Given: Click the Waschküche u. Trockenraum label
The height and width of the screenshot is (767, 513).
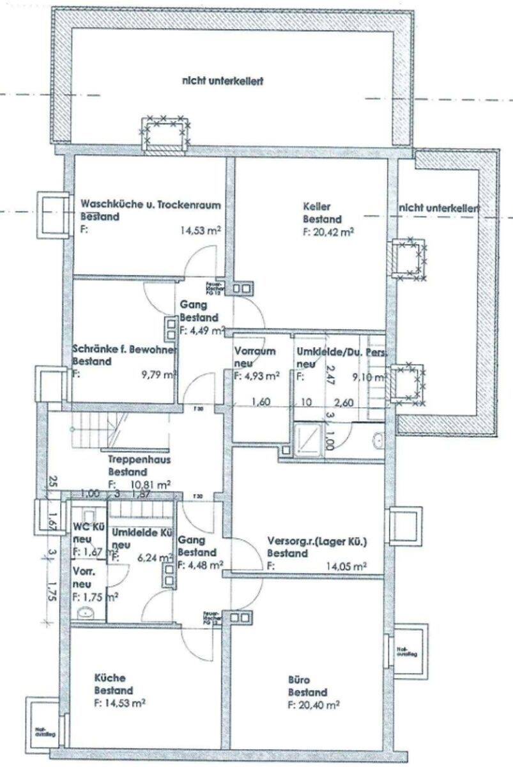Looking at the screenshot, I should (151, 205).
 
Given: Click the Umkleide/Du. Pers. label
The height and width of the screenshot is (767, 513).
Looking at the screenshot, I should (341, 352).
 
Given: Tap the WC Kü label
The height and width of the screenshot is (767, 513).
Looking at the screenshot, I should (89, 527).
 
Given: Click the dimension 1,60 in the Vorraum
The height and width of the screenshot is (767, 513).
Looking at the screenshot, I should (258, 402).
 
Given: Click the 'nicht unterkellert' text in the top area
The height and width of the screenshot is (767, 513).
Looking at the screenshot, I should (223, 81).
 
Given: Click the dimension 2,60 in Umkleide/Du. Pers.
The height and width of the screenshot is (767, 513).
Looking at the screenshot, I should (346, 402).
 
